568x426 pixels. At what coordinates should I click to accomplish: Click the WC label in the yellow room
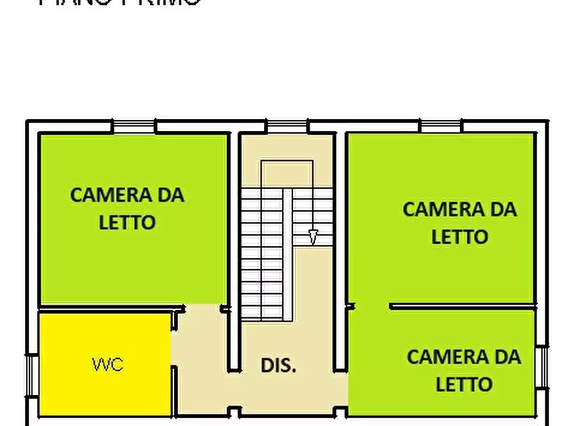(x=107, y=364)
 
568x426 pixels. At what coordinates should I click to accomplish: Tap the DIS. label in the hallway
(x=279, y=365)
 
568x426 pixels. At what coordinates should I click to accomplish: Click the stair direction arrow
(x=312, y=237)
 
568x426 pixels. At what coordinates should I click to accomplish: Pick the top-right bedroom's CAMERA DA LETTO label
(x=459, y=223)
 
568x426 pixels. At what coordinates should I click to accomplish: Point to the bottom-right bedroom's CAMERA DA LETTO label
(x=464, y=370)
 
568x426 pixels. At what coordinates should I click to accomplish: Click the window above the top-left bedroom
(x=134, y=127)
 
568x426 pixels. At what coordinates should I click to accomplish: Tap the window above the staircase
(x=286, y=127)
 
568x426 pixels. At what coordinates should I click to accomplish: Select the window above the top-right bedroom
(x=441, y=127)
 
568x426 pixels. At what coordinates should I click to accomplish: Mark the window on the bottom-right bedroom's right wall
(x=543, y=367)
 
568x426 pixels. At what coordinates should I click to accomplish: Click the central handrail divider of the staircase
(x=287, y=254)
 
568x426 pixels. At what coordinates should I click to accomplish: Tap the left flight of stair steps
(x=261, y=254)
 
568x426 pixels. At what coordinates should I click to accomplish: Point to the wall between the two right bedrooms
(x=461, y=306)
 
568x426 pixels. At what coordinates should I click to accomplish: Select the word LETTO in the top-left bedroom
(x=127, y=223)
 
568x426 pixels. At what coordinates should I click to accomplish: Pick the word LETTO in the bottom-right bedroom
(x=464, y=384)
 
